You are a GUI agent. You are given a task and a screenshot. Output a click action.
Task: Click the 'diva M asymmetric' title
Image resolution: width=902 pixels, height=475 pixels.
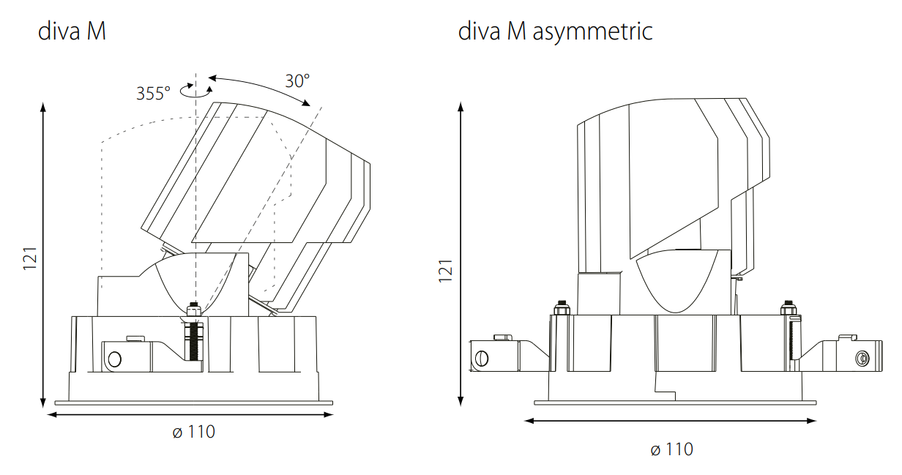(555, 31)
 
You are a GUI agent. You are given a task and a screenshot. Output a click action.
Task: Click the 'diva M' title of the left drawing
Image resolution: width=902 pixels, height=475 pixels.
(72, 31)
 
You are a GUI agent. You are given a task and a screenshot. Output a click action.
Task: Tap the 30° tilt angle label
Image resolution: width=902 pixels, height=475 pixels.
(297, 81)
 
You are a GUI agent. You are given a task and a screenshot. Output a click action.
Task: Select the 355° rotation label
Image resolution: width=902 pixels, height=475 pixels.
(153, 94)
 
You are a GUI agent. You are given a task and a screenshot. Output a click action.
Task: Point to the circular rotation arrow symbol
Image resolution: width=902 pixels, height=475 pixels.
(196, 91)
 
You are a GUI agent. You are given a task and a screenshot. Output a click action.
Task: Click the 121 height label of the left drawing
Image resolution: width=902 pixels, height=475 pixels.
(30, 258)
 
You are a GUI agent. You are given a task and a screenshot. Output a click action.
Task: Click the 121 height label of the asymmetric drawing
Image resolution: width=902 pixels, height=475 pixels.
(445, 271)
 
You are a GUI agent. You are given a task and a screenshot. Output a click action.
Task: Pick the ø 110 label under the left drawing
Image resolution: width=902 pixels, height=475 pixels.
(194, 432)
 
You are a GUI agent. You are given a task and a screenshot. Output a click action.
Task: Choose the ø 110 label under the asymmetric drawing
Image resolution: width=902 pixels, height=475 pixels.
(671, 449)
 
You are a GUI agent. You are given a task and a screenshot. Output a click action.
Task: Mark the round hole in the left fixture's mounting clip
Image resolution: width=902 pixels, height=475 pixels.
(115, 359)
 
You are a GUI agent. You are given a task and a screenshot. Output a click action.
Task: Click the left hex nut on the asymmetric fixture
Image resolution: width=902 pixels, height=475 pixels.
(562, 308)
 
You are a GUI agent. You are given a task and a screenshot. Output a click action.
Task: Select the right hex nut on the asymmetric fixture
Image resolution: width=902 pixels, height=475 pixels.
(789, 308)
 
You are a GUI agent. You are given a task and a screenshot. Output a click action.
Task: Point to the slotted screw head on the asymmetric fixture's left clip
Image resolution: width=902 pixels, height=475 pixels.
(482, 359)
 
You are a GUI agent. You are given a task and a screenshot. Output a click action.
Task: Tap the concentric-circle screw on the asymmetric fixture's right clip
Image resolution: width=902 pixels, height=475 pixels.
(862, 359)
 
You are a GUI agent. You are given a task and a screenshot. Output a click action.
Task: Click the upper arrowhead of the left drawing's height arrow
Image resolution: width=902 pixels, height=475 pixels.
(43, 107)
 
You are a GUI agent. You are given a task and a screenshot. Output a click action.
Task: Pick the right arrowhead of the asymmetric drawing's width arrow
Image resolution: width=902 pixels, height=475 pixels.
(811, 421)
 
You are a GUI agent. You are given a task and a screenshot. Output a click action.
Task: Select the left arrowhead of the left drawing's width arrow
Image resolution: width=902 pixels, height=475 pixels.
(53, 414)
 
